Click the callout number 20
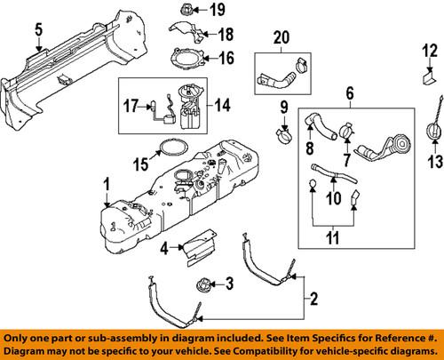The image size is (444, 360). click(281, 38)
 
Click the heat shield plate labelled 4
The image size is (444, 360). click(198, 248)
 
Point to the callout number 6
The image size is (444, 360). click(351, 92)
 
